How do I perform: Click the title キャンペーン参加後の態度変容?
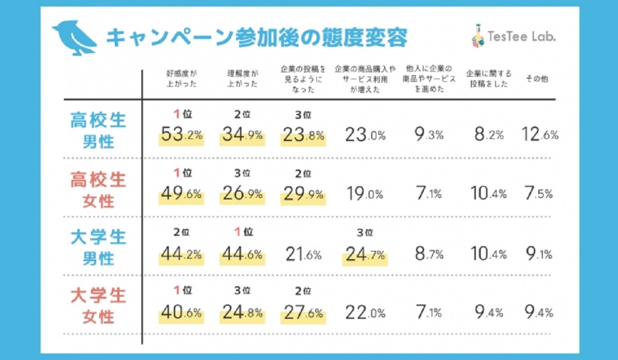[257, 38]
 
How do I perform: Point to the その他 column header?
[536, 78]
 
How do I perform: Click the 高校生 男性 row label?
[98, 130]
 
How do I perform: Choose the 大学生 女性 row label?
[98, 306]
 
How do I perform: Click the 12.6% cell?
[539, 136]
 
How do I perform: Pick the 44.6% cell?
[242, 254]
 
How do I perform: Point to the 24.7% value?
[364, 254]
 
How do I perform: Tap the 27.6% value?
[302, 312]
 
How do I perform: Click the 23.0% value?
[364, 136]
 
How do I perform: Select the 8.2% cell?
[488, 136]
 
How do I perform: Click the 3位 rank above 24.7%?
[364, 232]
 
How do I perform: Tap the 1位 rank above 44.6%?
[242, 232]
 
